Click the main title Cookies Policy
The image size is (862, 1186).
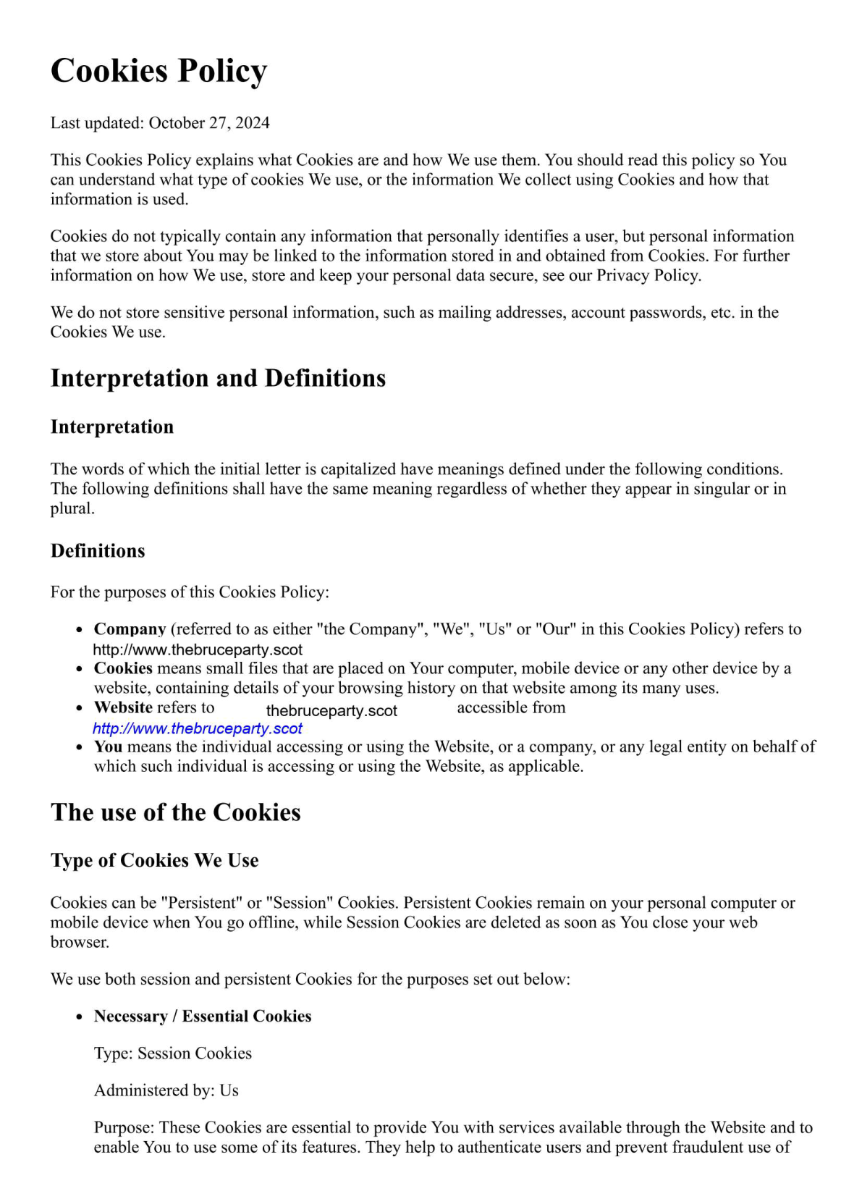pyautogui.click(x=159, y=71)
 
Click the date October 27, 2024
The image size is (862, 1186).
pyautogui.click(x=209, y=123)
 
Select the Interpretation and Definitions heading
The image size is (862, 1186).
pyautogui.click(x=218, y=378)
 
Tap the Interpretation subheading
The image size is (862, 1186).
pyautogui.click(x=112, y=427)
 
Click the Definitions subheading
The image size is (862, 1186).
pyautogui.click(x=98, y=551)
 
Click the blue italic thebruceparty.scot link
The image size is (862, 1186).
pyautogui.click(x=198, y=728)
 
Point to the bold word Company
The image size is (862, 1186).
pyautogui.click(x=130, y=629)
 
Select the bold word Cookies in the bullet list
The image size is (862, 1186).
pyautogui.click(x=123, y=668)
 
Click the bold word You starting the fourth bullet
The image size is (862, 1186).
pyautogui.click(x=108, y=746)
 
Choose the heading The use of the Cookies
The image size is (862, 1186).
pyautogui.click(x=176, y=812)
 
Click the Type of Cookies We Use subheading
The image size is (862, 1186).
pyautogui.click(x=154, y=860)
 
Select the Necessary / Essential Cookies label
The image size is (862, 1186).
pyautogui.click(x=203, y=1017)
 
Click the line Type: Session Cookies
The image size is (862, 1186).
pyautogui.click(x=173, y=1053)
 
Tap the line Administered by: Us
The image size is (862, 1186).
pyautogui.click(x=166, y=1090)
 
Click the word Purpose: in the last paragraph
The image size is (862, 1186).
pyautogui.click(x=124, y=1128)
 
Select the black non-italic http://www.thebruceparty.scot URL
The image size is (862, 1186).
pyautogui.click(x=198, y=650)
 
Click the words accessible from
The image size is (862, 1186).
pyautogui.click(x=511, y=707)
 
